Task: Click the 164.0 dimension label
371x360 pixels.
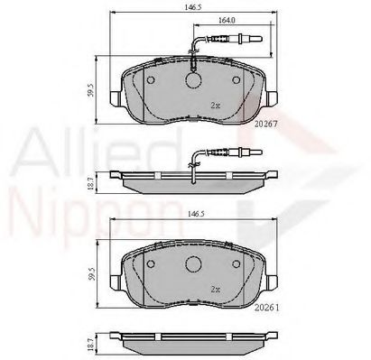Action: point(227,20)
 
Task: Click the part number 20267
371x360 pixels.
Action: point(265,124)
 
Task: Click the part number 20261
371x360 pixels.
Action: point(266,308)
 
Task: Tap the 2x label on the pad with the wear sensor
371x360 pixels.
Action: point(216,106)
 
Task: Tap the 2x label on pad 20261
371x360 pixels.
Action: point(216,290)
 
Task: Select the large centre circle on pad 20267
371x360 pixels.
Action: point(193,80)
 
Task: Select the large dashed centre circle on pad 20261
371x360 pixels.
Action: point(193,264)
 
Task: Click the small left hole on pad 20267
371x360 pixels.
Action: point(151,80)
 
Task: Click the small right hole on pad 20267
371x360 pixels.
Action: point(237,80)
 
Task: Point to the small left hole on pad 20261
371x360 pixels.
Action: point(151,264)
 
